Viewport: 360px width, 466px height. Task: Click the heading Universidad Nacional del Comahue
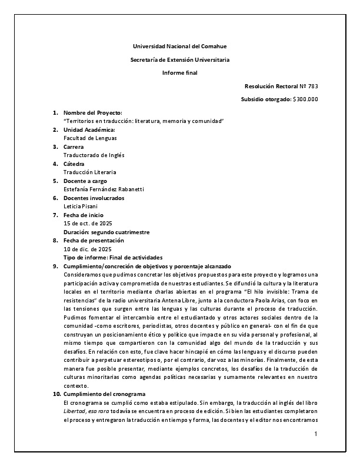point(179,46)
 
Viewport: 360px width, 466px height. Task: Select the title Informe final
point(179,72)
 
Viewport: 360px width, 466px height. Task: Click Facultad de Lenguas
point(90,138)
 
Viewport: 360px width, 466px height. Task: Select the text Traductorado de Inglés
point(94,155)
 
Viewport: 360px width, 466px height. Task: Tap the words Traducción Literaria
point(89,172)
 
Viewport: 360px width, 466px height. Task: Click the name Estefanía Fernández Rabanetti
point(103,189)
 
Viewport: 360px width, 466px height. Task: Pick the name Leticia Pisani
point(82,206)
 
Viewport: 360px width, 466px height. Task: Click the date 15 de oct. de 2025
point(88,223)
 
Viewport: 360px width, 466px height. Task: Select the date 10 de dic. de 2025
point(87,249)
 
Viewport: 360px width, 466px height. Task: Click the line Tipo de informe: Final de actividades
point(112,258)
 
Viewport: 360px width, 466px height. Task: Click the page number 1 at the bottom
point(316,434)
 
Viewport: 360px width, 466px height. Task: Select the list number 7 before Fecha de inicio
point(55,215)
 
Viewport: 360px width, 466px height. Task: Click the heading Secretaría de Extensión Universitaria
point(179,59)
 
